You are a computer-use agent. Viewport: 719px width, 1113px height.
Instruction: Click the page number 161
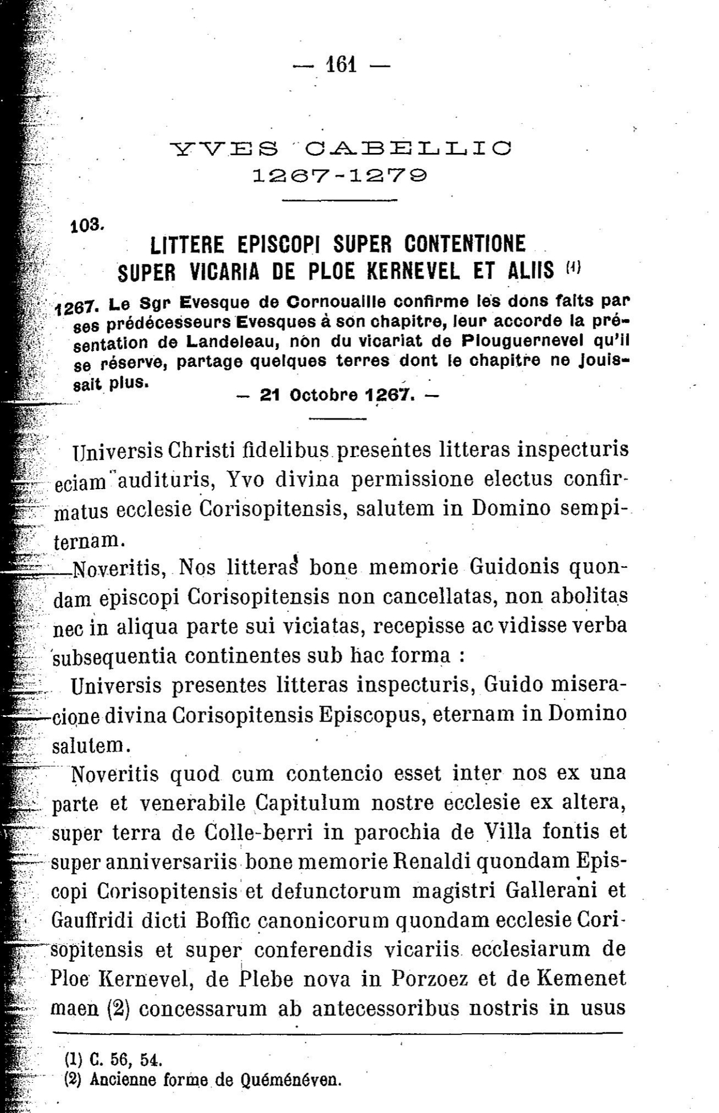pyautogui.click(x=341, y=64)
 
